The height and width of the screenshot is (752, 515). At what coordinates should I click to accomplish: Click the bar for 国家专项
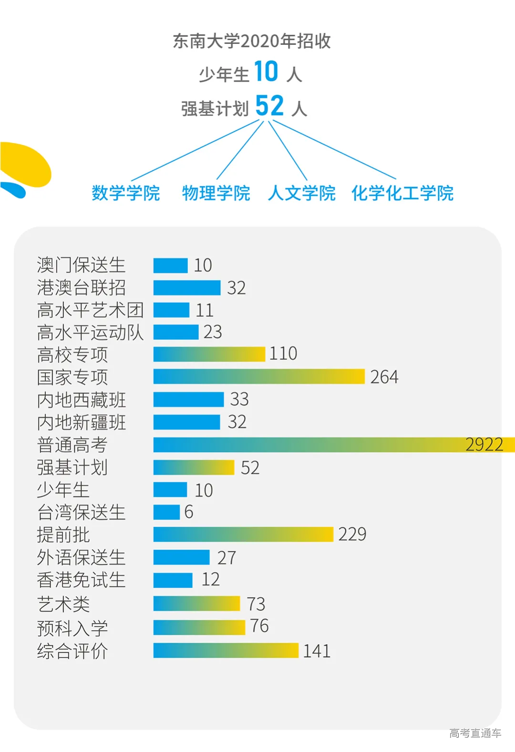pyautogui.click(x=259, y=376)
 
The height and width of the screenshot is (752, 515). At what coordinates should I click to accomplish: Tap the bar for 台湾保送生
pyautogui.click(x=166, y=512)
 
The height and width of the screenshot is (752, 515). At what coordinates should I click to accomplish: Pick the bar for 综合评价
pyautogui.click(x=226, y=650)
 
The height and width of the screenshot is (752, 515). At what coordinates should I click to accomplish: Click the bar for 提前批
pyautogui.click(x=243, y=534)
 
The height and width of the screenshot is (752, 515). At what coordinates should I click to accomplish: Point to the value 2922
pyautogui.click(x=484, y=445)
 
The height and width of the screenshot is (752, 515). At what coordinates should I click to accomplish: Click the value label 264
pyautogui.click(x=384, y=377)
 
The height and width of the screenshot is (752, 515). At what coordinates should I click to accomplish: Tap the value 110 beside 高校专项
pyautogui.click(x=283, y=354)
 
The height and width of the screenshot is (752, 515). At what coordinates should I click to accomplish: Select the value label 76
pyautogui.click(x=259, y=626)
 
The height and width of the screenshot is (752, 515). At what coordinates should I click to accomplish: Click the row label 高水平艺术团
pyautogui.click(x=90, y=310)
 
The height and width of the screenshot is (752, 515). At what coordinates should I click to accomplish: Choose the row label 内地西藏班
pyautogui.click(x=82, y=400)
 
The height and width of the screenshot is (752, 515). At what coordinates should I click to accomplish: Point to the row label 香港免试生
pyautogui.click(x=82, y=580)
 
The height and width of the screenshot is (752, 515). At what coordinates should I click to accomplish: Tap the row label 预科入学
pyautogui.click(x=72, y=628)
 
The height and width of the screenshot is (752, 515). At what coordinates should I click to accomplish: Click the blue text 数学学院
pyautogui.click(x=126, y=193)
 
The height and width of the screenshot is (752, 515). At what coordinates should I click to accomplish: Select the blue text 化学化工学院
pyautogui.click(x=402, y=193)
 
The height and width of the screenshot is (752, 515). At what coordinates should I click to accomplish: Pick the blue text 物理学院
pyautogui.click(x=216, y=193)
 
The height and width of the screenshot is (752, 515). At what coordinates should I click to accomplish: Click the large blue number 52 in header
pyautogui.click(x=269, y=106)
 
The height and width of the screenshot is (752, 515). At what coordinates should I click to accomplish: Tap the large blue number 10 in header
pyautogui.click(x=266, y=72)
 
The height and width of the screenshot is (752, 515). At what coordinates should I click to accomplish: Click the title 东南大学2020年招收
pyautogui.click(x=252, y=42)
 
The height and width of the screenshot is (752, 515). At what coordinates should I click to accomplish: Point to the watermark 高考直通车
pyautogui.click(x=475, y=733)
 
